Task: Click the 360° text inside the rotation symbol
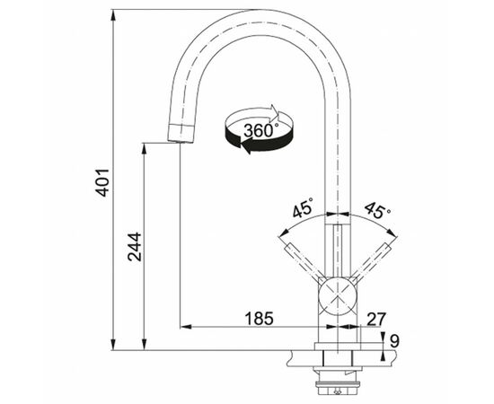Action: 261,128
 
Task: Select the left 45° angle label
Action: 302,211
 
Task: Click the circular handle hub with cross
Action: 338,294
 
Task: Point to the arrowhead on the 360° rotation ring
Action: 279,115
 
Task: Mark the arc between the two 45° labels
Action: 338,213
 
